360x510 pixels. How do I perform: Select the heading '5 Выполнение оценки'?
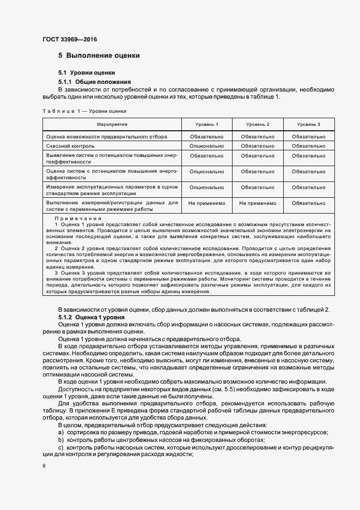point(99,56)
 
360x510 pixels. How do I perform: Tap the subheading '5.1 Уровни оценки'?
point(87,72)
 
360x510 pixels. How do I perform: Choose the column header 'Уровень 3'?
point(308,124)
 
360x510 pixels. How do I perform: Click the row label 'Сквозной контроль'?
point(70,146)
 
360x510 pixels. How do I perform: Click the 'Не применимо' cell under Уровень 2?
point(257,203)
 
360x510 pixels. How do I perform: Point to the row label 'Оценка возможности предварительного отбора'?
point(107,136)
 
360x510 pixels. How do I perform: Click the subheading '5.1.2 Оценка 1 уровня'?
point(91,317)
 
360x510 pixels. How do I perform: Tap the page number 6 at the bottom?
point(44,466)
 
